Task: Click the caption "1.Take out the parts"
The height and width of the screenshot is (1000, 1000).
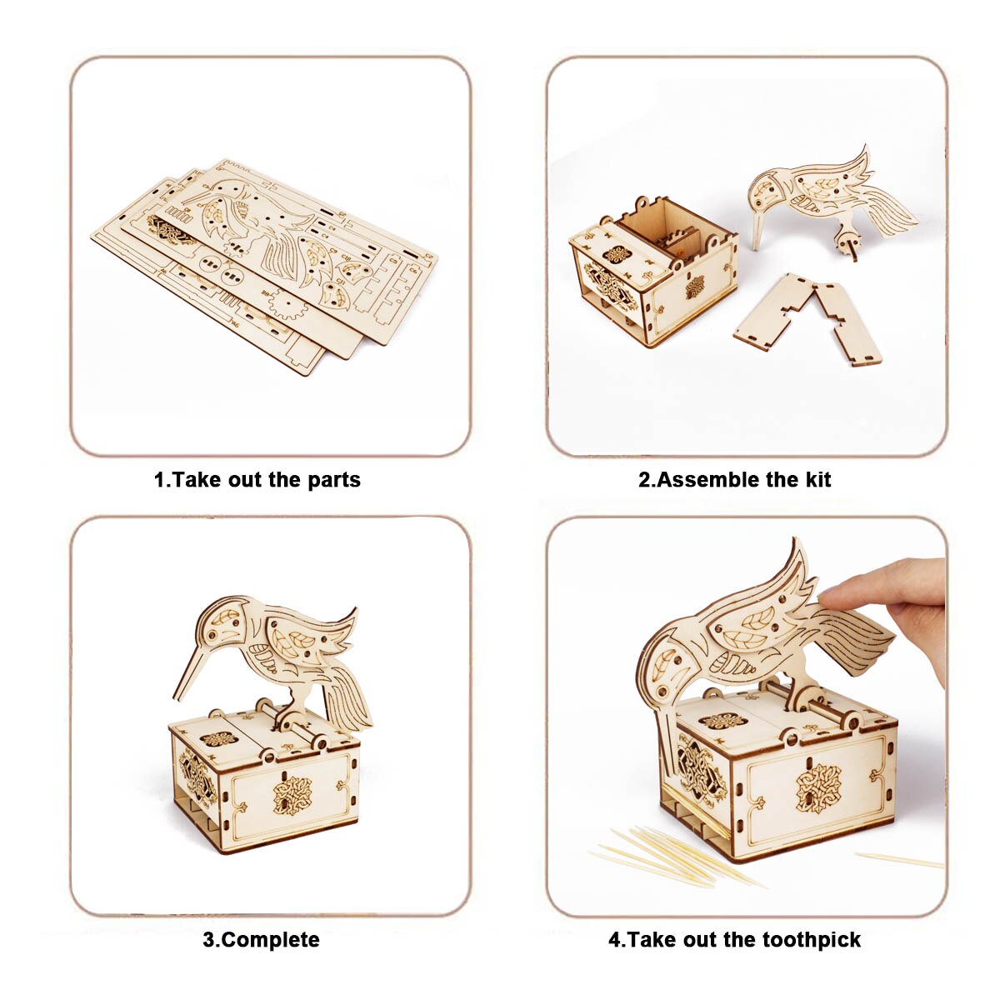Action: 257,479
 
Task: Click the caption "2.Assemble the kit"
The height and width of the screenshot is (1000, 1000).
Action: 734,479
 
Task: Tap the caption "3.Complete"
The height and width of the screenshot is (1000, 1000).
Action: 261,939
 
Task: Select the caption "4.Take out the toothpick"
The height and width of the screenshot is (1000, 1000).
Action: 734,939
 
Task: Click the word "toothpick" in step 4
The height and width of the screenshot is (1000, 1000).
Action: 812,940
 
